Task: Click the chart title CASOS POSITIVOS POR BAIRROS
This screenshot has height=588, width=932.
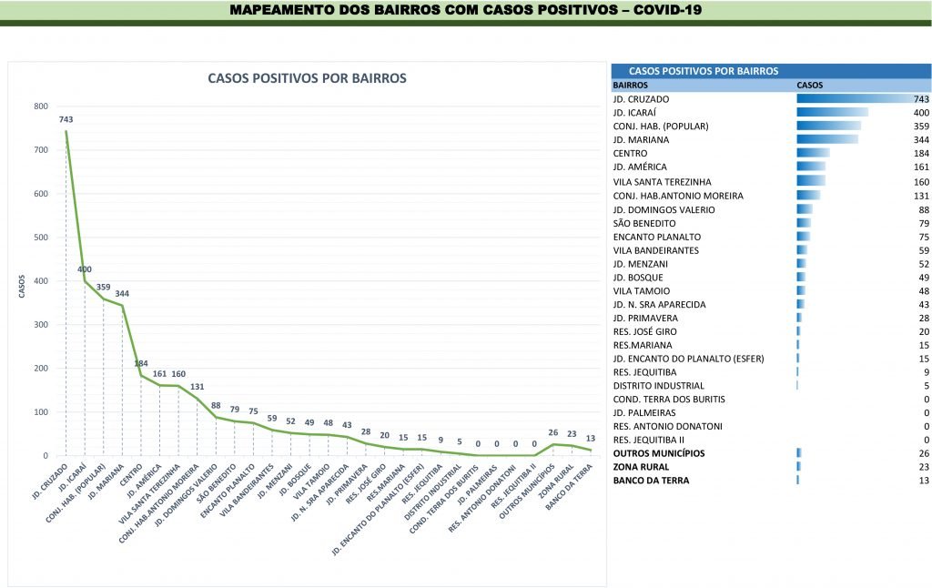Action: point(307,78)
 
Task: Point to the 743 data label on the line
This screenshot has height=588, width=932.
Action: point(66,119)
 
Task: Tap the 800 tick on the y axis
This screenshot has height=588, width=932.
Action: point(42,106)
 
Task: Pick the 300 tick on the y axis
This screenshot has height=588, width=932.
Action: point(42,325)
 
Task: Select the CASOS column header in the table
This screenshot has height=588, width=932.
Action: point(810,85)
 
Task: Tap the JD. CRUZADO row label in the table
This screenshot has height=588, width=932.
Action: point(642,98)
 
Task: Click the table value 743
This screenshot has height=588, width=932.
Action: point(919,98)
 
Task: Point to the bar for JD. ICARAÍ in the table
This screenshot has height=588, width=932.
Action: point(832,112)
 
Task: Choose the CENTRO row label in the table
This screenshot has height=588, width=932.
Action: point(631,154)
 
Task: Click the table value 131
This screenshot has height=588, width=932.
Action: point(919,196)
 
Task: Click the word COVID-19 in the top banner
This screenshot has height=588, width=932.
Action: point(668,10)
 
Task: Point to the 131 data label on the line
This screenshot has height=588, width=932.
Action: point(197,386)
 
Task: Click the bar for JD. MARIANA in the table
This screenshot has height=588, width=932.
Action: point(827,140)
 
